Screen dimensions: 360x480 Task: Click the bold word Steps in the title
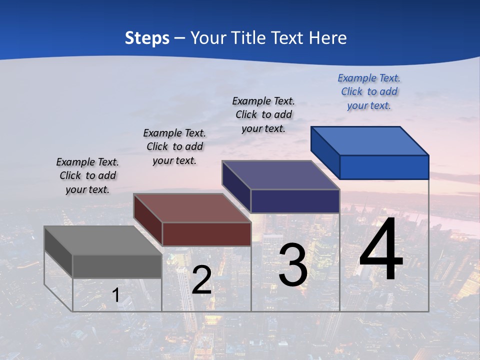(x=147, y=38)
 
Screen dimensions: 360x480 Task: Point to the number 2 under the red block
(x=201, y=280)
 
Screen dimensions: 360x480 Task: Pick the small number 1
(x=116, y=295)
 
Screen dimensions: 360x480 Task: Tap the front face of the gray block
(x=117, y=266)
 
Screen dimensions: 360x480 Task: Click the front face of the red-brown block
(x=206, y=234)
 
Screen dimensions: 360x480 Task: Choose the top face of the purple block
(x=280, y=175)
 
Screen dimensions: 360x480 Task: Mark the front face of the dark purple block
(x=295, y=201)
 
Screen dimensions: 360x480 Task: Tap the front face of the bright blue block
(x=384, y=167)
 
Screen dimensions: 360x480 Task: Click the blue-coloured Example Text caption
(x=369, y=92)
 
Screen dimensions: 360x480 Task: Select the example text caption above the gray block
(x=87, y=176)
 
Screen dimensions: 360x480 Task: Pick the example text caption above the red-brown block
(x=174, y=146)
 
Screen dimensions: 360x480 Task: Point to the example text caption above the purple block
(x=263, y=114)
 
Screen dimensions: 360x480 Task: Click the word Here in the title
(x=327, y=38)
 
